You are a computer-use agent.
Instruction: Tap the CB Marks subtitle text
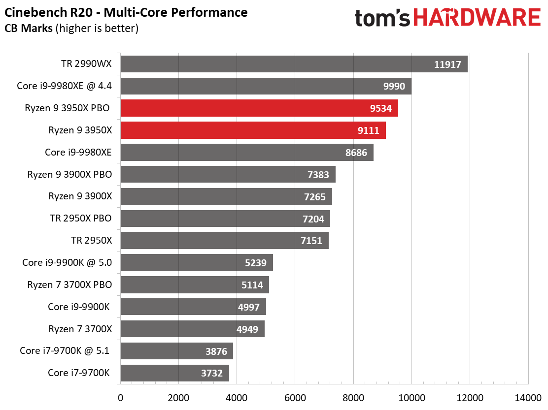[x=71, y=28]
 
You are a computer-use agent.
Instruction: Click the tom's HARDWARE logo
[x=447, y=18]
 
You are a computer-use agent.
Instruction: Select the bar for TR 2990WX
[x=294, y=64]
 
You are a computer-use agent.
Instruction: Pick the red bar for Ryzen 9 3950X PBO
[x=259, y=108]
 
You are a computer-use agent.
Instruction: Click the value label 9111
[x=369, y=130]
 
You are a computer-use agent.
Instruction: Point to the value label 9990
[x=394, y=86]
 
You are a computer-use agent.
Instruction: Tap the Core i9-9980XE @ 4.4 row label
[x=65, y=86]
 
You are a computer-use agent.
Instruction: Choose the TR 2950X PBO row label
[x=81, y=219]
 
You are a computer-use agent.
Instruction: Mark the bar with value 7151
[x=224, y=241]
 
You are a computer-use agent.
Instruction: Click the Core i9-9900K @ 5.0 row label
[x=67, y=263]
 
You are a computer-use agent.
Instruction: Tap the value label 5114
[x=252, y=285]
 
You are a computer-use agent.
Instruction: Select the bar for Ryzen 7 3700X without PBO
[x=192, y=329]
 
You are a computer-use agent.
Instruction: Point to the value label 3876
[x=216, y=351]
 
